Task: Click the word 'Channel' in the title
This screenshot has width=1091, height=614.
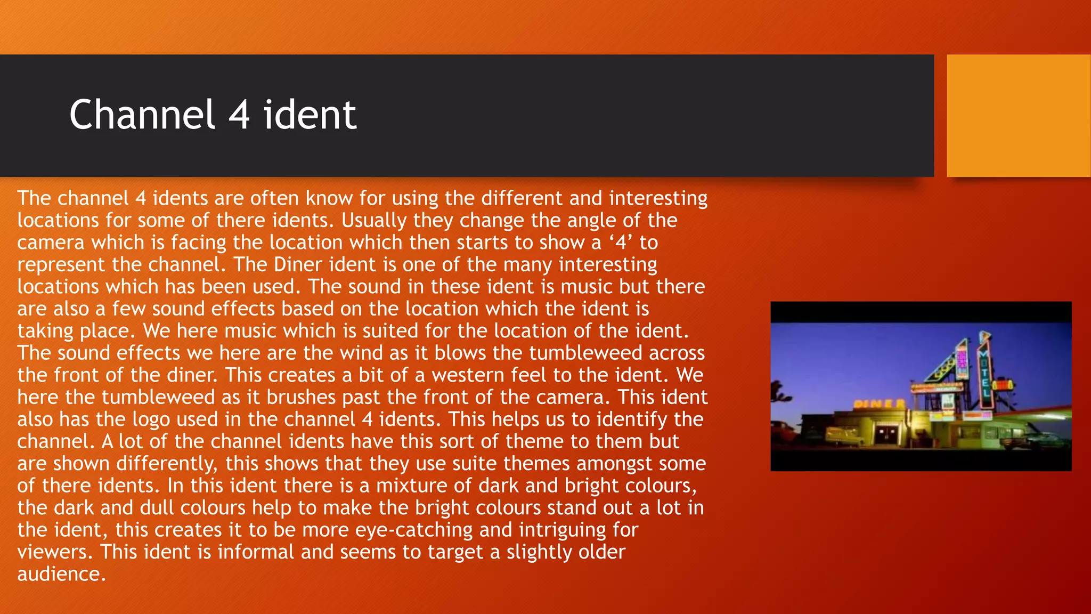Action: (142, 115)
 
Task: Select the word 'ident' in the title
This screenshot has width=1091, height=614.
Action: (310, 115)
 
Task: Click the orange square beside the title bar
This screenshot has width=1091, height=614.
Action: (1018, 116)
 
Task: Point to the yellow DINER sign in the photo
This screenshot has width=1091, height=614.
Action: (880, 404)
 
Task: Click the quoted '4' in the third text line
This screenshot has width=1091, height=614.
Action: (621, 243)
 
